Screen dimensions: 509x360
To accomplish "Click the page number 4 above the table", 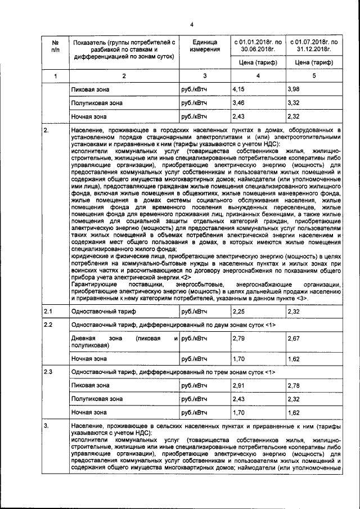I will coord(191,24).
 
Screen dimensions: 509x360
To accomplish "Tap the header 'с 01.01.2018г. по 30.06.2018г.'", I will coord(258,46).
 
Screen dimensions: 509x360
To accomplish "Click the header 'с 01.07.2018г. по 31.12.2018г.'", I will coord(314,46).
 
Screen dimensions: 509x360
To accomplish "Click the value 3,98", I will coord(293,89).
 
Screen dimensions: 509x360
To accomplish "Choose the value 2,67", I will coord(293,339).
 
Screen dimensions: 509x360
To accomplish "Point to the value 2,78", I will coord(293,385).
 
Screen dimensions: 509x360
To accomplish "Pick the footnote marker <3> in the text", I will coord(300,300).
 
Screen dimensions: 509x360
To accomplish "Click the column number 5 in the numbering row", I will coord(314,75).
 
